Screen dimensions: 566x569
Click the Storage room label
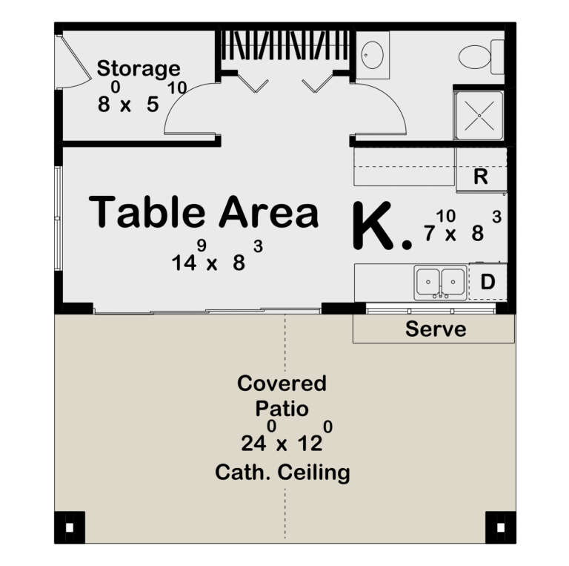point(139,69)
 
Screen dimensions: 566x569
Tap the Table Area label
point(204,212)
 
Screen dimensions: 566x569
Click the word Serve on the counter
point(436,329)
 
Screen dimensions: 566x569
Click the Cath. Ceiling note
point(282,472)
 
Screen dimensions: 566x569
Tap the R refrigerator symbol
point(480,177)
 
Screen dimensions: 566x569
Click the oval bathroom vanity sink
point(372,54)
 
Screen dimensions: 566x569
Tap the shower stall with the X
point(479,115)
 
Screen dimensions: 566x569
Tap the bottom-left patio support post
point(70,527)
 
